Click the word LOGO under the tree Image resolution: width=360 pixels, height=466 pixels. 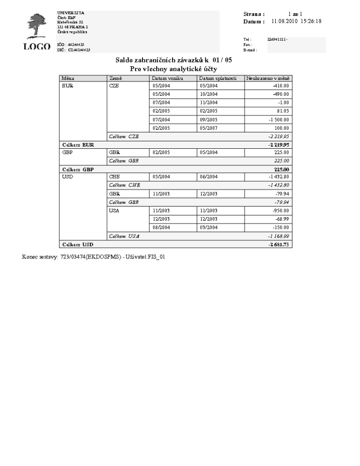37,47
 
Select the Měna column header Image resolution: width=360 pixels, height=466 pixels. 68,78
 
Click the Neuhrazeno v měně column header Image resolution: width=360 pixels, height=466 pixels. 268,78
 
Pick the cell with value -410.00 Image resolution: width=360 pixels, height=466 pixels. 278,85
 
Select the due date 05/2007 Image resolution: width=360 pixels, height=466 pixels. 209,128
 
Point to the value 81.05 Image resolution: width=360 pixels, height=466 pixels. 281,111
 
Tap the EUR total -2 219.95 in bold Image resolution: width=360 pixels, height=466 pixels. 279,145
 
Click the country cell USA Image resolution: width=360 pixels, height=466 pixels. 114,210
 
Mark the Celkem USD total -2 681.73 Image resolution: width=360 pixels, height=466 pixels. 279,244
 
